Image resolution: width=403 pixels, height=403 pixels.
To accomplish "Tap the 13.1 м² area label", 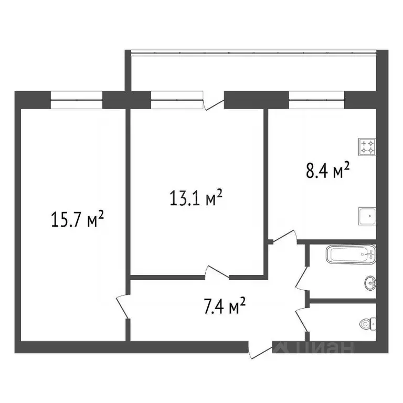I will click(x=197, y=199).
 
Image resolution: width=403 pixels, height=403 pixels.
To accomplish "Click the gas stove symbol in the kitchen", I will click(x=366, y=146).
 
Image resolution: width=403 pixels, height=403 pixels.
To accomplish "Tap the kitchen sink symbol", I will click(x=366, y=215).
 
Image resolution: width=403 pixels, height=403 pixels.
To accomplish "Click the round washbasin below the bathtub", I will click(x=370, y=284).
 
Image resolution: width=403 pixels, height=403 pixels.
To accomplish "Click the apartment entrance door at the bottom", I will click(x=261, y=350).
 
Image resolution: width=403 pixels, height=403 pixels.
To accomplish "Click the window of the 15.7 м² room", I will click(x=77, y=99).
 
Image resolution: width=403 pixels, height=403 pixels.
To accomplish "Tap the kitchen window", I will click(x=316, y=99).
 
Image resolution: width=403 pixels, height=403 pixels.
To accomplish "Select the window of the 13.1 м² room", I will click(x=176, y=99).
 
